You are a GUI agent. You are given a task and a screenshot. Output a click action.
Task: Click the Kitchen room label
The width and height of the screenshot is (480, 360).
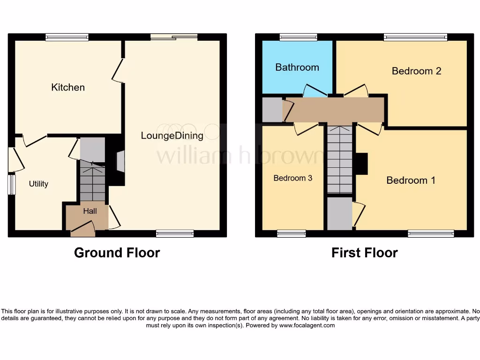(x=68, y=87)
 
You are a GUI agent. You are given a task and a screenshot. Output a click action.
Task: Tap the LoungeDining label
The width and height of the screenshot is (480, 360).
(x=172, y=136)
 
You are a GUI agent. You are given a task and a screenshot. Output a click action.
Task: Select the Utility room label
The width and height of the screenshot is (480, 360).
(x=38, y=184)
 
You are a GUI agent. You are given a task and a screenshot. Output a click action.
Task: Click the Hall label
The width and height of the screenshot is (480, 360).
(x=90, y=211)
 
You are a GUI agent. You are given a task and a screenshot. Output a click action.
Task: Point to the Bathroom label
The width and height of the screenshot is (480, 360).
(x=297, y=67)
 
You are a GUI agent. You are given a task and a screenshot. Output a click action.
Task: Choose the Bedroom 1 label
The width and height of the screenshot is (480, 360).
(x=411, y=180)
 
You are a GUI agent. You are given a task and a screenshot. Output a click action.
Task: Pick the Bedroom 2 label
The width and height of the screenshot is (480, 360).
(x=417, y=71)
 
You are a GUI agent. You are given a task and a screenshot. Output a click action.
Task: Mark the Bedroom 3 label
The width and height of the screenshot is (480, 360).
(x=293, y=178)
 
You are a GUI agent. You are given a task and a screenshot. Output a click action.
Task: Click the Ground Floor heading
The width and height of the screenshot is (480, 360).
(x=117, y=253)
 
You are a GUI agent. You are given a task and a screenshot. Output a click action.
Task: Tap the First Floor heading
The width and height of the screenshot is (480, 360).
(x=364, y=253)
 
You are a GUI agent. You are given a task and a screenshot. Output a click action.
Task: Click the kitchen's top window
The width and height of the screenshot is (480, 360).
(x=67, y=37)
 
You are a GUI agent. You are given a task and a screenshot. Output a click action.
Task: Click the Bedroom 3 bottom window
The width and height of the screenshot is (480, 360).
(x=291, y=233)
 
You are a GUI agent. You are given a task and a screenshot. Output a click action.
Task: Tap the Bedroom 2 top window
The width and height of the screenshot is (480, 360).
(x=415, y=37)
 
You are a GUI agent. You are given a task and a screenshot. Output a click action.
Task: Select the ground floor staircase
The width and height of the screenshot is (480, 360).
(x=92, y=180)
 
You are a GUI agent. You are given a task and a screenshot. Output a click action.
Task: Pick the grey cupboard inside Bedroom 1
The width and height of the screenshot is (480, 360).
(x=339, y=213)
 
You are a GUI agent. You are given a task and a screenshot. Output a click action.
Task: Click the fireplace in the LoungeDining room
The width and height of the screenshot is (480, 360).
(x=120, y=162)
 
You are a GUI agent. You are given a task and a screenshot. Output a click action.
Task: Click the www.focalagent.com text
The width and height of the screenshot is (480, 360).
(x=307, y=325)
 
